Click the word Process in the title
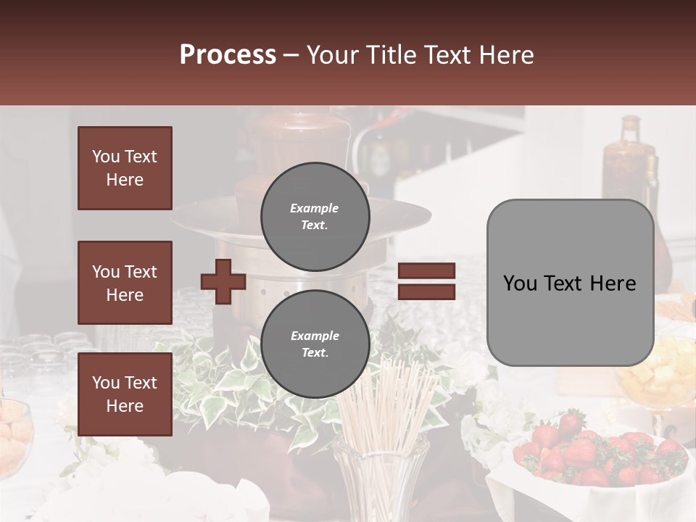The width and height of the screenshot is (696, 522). tap(228, 55)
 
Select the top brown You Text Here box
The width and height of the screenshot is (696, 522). tap(125, 168)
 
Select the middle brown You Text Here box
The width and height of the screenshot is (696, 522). tap(125, 283)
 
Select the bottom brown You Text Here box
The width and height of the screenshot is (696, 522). tap(125, 394)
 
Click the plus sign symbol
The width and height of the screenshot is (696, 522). tap(223, 281)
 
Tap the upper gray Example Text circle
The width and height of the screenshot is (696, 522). tap(315, 217)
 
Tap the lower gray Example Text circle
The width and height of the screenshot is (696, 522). tap(315, 344)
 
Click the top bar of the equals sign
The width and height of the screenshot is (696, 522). tap(426, 271)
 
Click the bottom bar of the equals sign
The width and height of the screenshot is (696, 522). tap(426, 291)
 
